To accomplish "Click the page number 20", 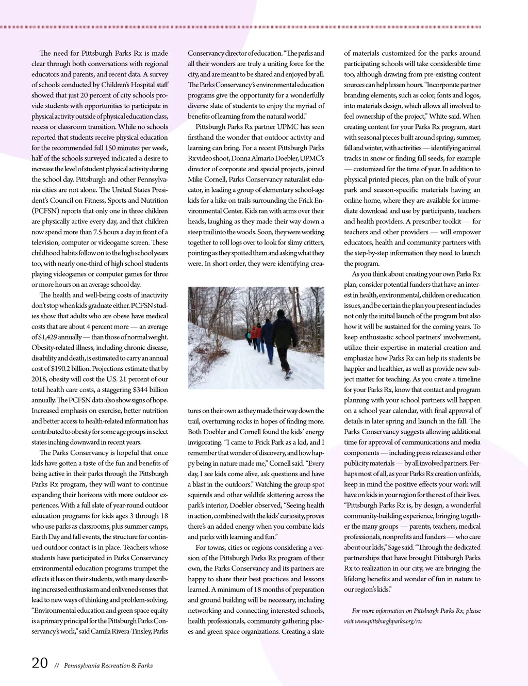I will tap(40, 663).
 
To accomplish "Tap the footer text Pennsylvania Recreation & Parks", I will tap(108, 665).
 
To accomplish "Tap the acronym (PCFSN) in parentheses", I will tap(45, 211).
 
